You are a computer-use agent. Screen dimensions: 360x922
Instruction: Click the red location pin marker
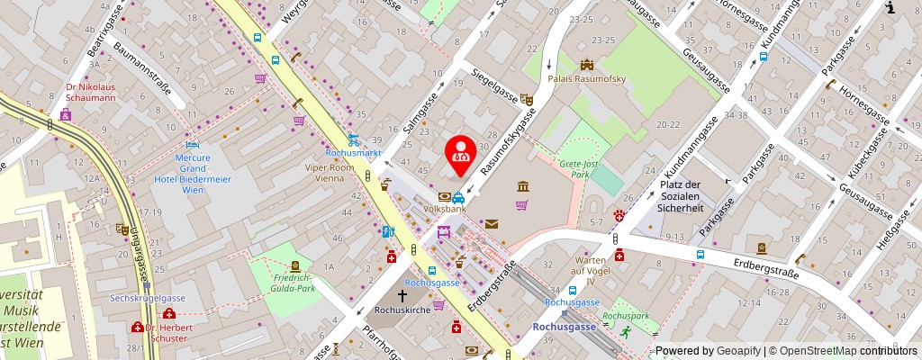[461, 151]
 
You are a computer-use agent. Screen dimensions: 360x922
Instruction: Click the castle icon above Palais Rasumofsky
[588, 65]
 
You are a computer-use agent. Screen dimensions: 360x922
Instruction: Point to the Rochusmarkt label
[354, 153]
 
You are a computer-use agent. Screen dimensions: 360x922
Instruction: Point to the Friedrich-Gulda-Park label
[294, 283]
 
